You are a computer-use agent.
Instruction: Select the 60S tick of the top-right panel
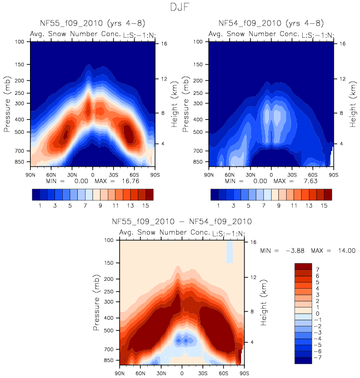tap(313, 174)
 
